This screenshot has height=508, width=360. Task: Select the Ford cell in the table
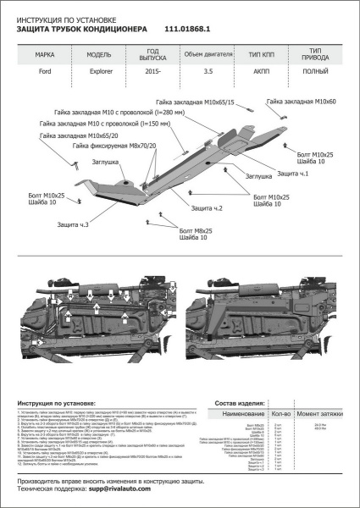pos(43,74)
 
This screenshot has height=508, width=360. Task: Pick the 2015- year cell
pos(152,74)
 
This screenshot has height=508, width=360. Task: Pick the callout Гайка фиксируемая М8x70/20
pos(115,146)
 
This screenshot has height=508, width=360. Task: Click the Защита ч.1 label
pos(292,173)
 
